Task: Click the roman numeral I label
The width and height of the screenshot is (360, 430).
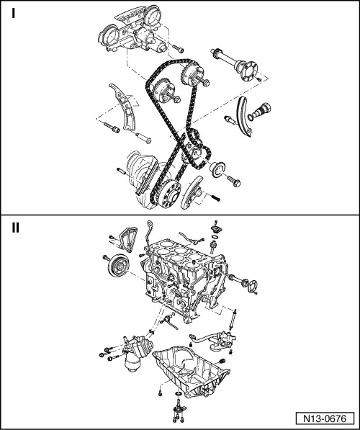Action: coord(13,13)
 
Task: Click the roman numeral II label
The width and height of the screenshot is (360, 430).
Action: coord(16,228)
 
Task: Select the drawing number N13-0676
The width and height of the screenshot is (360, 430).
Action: coord(325,418)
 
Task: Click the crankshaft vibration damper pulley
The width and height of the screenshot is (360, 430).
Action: coord(119,266)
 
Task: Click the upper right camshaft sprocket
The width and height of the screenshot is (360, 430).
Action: coord(192,75)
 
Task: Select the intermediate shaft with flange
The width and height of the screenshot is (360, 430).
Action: coord(235,64)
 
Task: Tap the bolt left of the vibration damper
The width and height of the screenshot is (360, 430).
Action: coord(106,258)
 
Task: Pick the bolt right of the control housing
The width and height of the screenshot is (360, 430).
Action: coord(179,50)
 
